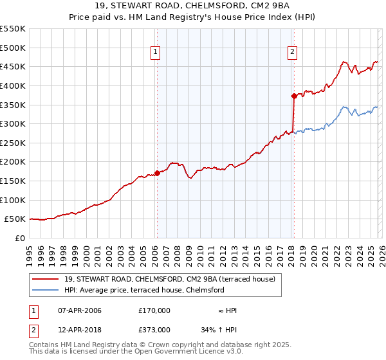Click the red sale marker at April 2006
pos(157,173)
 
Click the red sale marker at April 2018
pos(294,96)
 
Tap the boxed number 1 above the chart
pos(156,53)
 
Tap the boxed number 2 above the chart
pos(293,53)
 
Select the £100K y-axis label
pos(13,200)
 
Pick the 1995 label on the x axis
pos(30,251)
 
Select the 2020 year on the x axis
pos(315,251)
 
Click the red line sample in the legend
pos(46,279)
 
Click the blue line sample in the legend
pos(46,290)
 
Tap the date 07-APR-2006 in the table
pos(80,310)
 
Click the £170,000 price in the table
pos(154,310)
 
